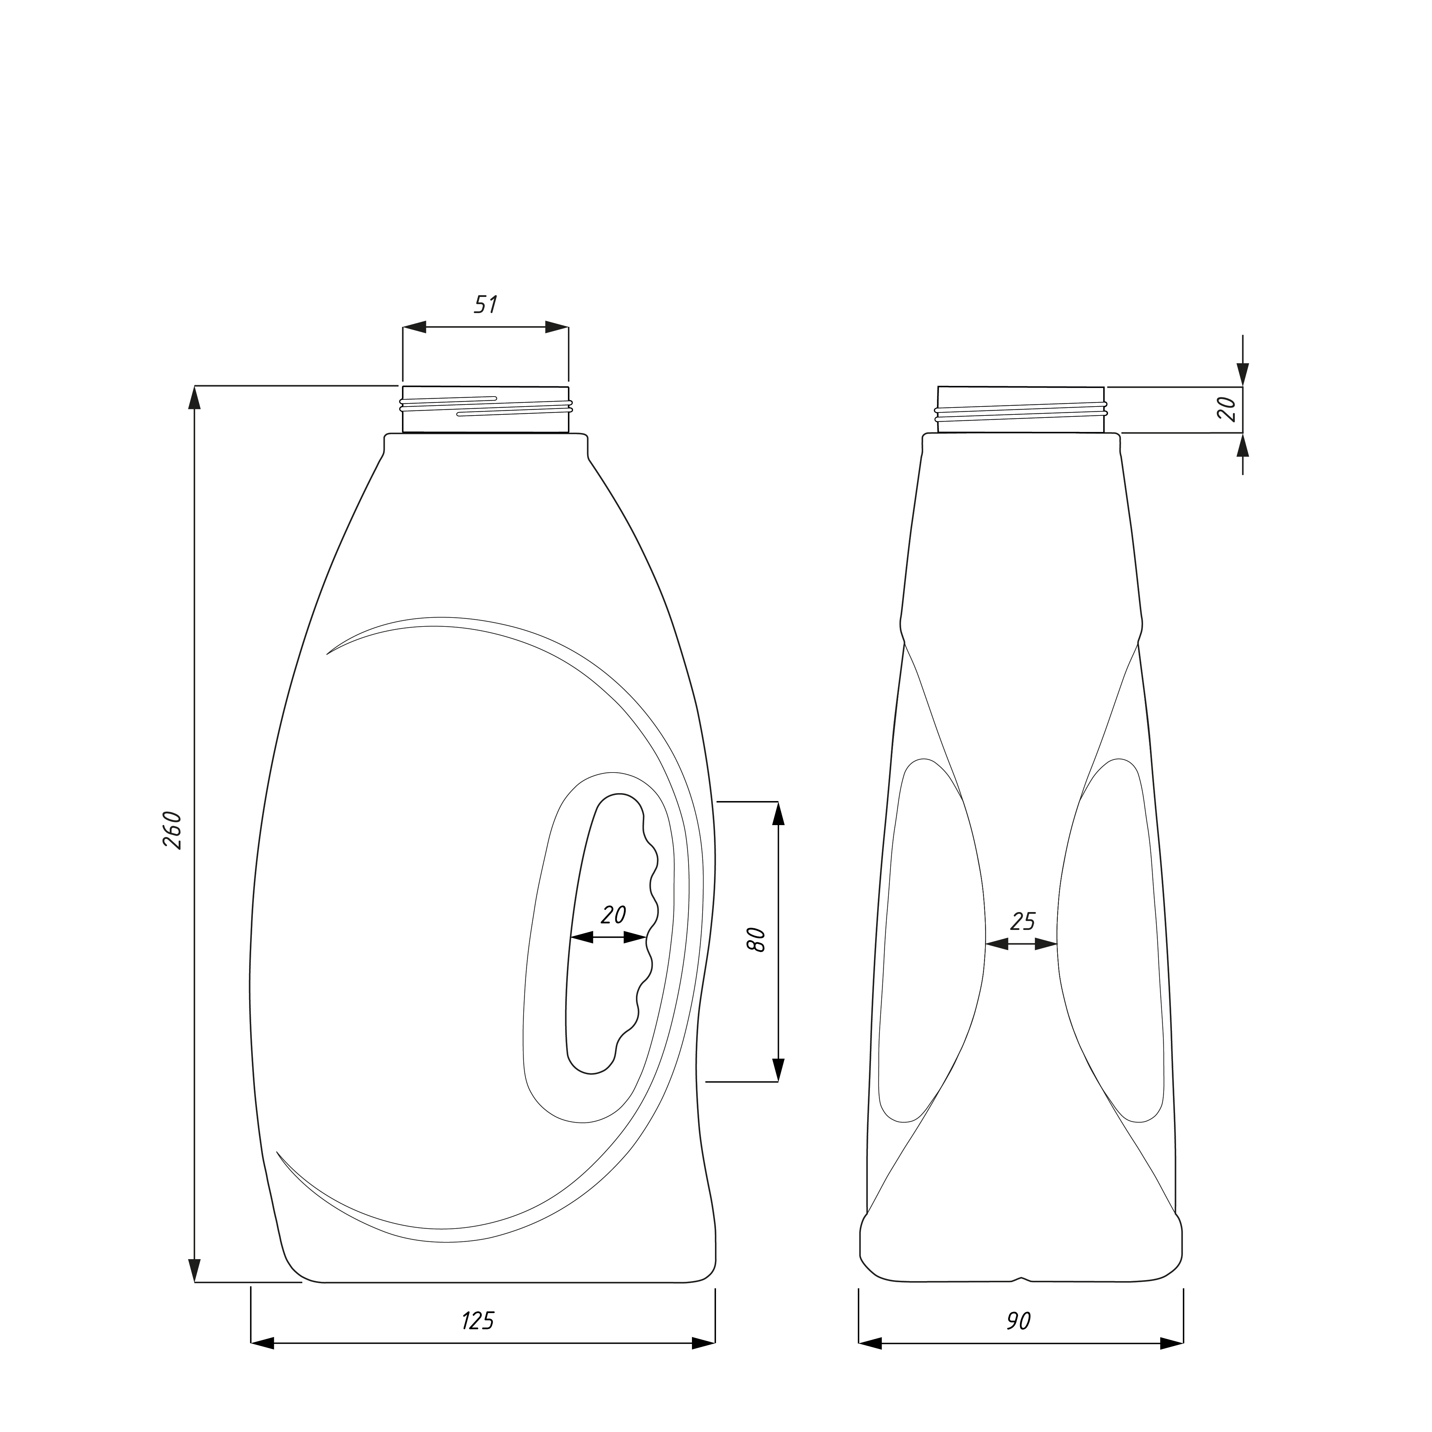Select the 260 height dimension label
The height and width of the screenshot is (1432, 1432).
(x=172, y=830)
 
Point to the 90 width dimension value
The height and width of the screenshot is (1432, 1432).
(x=1019, y=1321)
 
